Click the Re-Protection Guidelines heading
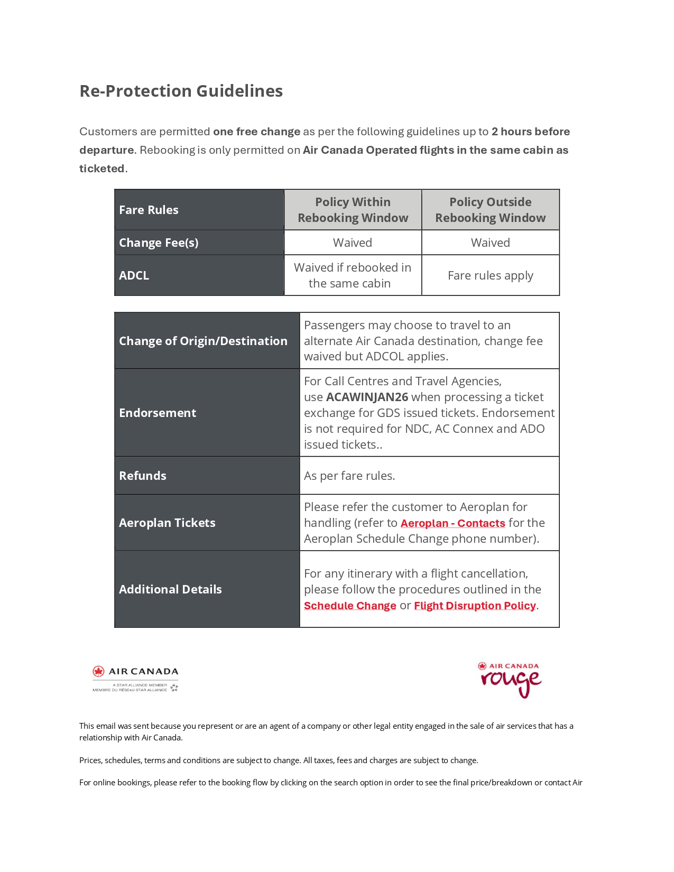(181, 91)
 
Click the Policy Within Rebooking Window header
(353, 210)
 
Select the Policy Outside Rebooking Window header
(490, 210)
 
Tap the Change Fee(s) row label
(159, 243)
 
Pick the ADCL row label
(134, 275)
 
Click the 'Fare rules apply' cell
(490, 275)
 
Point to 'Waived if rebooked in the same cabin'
(352, 275)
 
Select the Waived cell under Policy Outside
(490, 243)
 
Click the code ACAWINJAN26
(367, 397)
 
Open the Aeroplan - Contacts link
(453, 523)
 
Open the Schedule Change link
(350, 606)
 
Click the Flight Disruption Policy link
(475, 606)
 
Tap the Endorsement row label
(158, 413)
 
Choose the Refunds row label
(143, 476)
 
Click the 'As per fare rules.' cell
(349, 476)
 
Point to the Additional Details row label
(170, 589)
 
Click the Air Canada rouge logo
(510, 680)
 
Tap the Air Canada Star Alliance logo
(136, 679)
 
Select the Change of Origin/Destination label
(203, 341)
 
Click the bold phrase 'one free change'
(256, 132)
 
